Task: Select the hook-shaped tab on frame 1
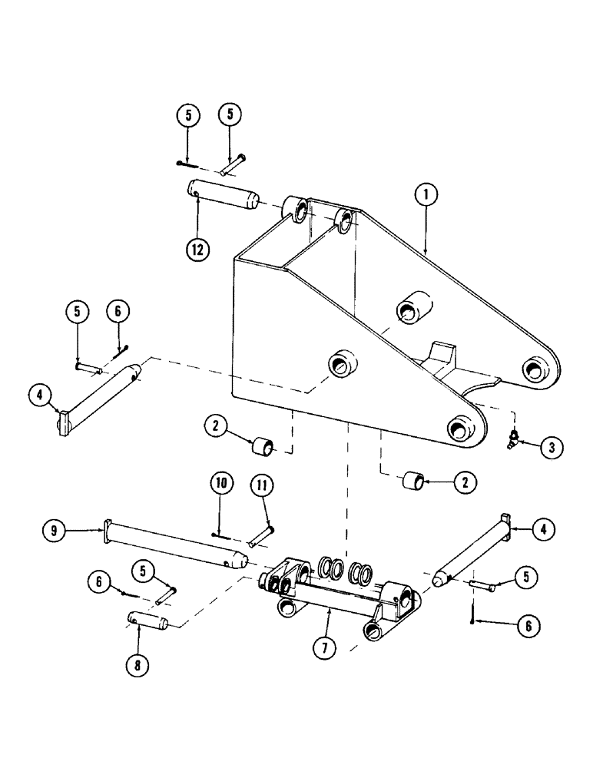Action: point(441,354)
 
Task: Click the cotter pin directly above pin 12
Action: point(187,163)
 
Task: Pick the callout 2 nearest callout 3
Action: point(465,482)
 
